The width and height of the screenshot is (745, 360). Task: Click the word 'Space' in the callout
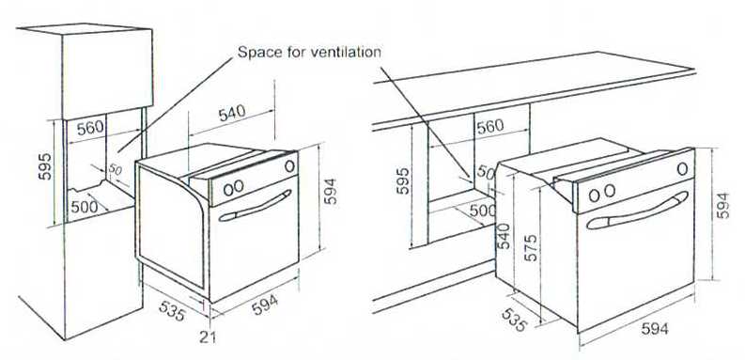coord(257,51)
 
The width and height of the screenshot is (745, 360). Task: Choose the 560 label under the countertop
coord(489,126)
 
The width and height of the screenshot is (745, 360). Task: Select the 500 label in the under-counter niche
coord(480,211)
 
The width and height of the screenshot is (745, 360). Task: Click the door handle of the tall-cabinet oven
coord(256,208)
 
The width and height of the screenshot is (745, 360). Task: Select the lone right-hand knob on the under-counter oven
coord(679,169)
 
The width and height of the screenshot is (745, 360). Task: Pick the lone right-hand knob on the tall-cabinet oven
coord(289,166)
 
